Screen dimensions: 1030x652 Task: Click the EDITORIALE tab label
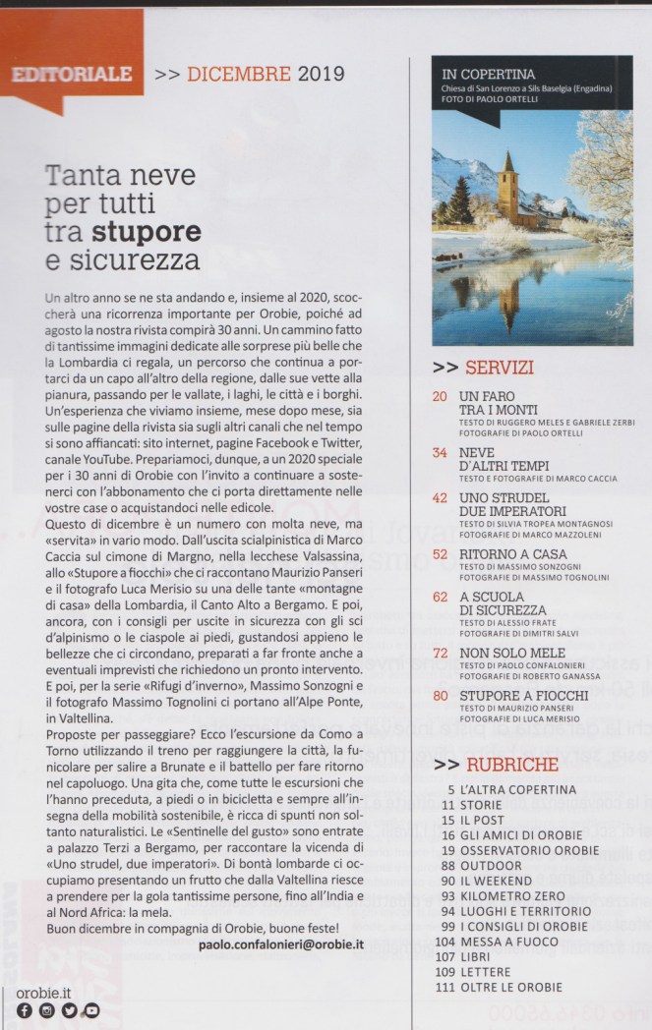pyautogui.click(x=71, y=74)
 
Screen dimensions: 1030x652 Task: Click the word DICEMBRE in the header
pyautogui.click(x=239, y=74)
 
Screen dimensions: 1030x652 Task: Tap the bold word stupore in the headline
pyautogui.click(x=147, y=233)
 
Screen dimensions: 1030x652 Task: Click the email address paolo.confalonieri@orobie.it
pyautogui.click(x=281, y=944)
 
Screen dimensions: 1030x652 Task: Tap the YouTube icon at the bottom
pyautogui.click(x=91, y=1010)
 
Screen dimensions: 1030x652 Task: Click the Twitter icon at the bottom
pyautogui.click(x=69, y=1010)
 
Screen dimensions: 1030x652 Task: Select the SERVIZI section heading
pyautogui.click(x=499, y=369)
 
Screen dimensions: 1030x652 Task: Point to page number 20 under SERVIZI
pyautogui.click(x=440, y=396)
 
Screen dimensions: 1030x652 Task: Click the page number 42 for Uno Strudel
pyautogui.click(x=440, y=498)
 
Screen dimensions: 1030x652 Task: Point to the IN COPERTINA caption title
pyautogui.click(x=489, y=74)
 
